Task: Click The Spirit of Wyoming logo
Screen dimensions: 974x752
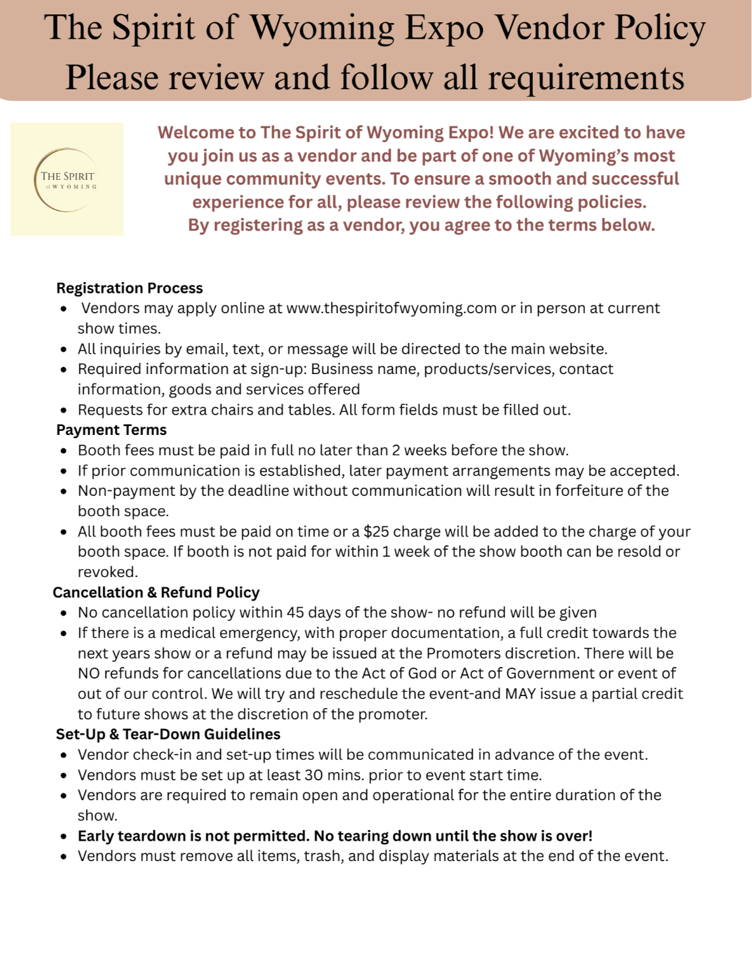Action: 67,179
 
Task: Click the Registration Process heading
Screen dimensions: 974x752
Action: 129,288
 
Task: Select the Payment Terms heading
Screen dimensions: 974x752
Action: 112,430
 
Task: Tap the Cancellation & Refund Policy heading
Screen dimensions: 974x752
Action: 156,593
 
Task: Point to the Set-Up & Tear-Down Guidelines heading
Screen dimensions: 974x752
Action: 168,735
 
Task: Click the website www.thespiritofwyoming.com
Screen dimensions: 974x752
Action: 392,308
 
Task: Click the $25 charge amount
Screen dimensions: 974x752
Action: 376,532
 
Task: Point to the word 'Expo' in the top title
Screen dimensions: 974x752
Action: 444,28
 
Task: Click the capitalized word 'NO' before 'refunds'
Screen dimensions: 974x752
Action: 89,674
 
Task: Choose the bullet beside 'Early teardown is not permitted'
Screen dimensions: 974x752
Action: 64,837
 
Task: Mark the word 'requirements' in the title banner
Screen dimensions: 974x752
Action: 586,78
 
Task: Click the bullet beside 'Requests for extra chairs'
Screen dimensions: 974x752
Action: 64,411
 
